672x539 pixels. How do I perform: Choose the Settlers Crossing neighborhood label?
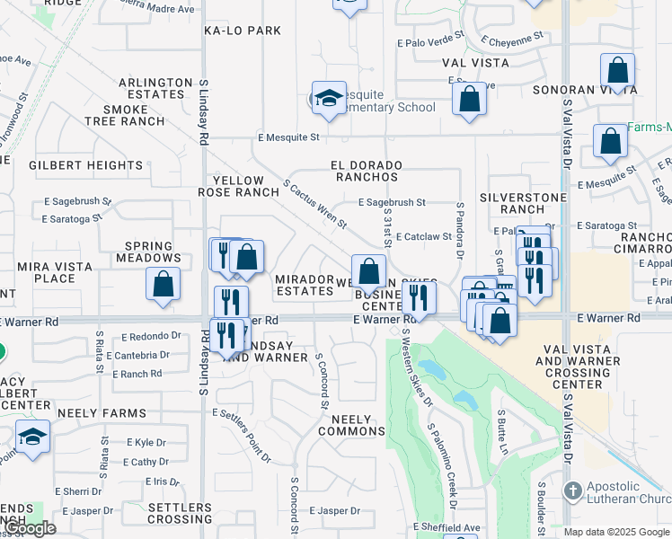pyautogui.click(x=180, y=513)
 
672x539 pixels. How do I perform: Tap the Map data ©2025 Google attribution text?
pyautogui.click(x=617, y=532)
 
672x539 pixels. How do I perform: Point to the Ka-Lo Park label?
pyautogui.click(x=243, y=31)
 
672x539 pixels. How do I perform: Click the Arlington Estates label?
pyautogui.click(x=156, y=88)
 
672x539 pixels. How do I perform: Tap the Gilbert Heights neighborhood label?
pyautogui.click(x=86, y=165)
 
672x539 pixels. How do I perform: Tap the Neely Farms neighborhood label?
pyautogui.click(x=89, y=412)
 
